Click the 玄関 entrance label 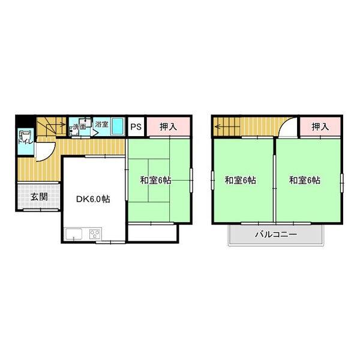click(39, 197)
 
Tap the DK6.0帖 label click(92, 199)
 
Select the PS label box click(136, 127)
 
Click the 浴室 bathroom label click(101, 124)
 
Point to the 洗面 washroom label click(80, 127)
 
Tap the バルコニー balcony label click(275, 234)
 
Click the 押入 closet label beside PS click(168, 127)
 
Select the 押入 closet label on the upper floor click(320, 127)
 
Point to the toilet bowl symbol click(25, 135)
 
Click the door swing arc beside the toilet click(44, 150)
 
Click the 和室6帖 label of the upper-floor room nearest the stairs click(241, 180)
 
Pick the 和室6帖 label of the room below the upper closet click(304, 180)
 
